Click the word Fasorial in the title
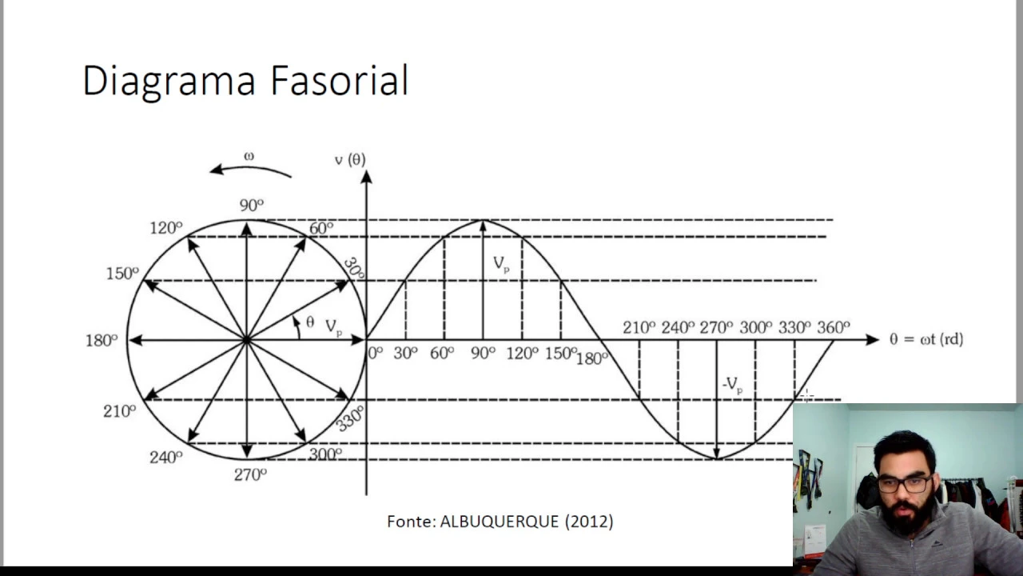[x=339, y=81]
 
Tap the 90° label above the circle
[x=251, y=206]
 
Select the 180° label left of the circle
[x=102, y=341]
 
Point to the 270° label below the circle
[x=250, y=474]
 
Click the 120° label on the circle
[x=166, y=229]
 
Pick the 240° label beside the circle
[x=166, y=458]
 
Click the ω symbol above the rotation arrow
[x=249, y=156]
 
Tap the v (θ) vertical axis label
[x=350, y=160]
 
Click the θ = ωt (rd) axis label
[x=926, y=339]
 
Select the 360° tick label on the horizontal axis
[x=834, y=327]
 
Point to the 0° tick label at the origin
[x=376, y=352]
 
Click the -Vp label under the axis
[x=732, y=385]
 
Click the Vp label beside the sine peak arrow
[x=501, y=264]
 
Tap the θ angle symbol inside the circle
[x=310, y=322]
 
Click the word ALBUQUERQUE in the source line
[x=500, y=522]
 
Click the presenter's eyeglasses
[x=905, y=483]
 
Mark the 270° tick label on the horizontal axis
[x=716, y=327]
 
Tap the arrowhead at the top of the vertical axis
[x=366, y=177]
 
